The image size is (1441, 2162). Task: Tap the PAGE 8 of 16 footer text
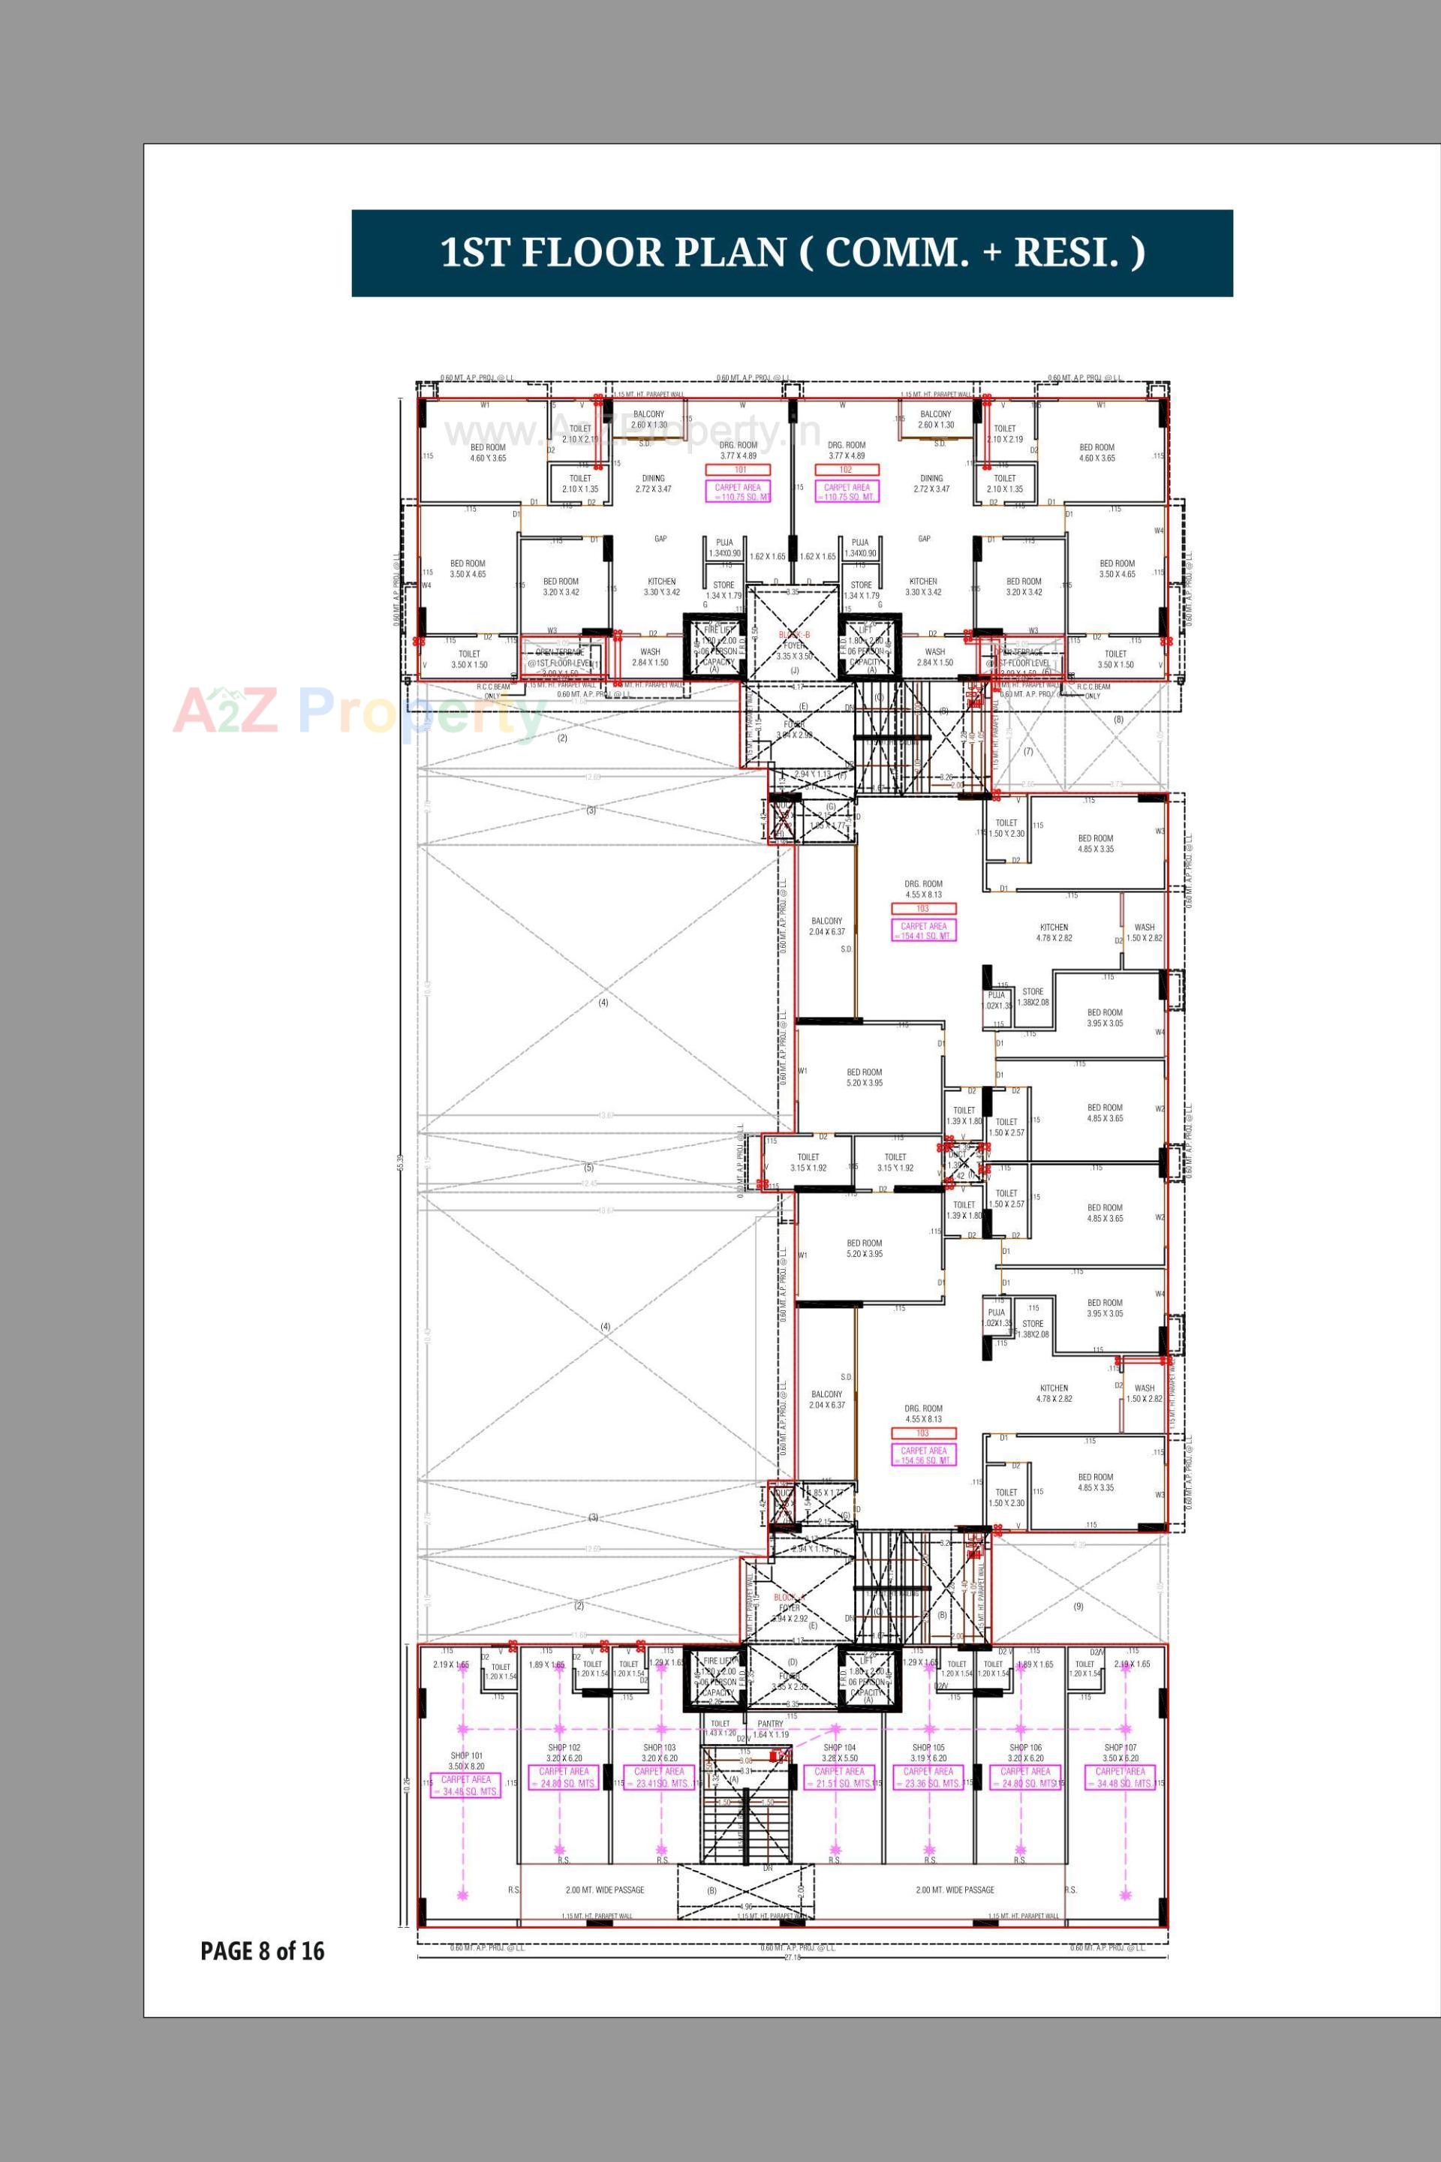262,1950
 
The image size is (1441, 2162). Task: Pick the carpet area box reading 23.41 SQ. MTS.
659,1777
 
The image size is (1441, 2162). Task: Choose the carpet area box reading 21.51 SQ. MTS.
839,1777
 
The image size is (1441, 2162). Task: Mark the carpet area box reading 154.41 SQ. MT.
924,931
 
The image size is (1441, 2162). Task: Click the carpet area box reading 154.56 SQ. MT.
924,1455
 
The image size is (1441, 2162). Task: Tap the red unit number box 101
739,470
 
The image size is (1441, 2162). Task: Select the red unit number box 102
847,470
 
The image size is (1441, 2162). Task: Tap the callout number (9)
1078,1606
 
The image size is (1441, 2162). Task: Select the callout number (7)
1028,750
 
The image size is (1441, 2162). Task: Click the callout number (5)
589,1168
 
